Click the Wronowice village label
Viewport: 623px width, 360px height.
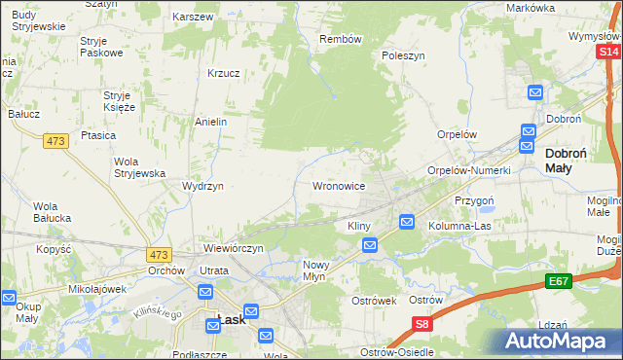[x=338, y=185]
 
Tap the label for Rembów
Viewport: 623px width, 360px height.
[x=341, y=40]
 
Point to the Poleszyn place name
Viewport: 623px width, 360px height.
[x=404, y=56]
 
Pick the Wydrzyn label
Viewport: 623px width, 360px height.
[x=203, y=186]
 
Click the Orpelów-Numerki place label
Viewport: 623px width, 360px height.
[x=469, y=170]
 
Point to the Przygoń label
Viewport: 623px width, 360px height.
[x=475, y=199]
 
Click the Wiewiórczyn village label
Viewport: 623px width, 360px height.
[x=234, y=249]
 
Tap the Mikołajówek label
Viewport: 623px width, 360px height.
[x=98, y=289]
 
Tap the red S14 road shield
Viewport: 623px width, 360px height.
[x=608, y=52]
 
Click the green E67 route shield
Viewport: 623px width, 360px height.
[x=558, y=281]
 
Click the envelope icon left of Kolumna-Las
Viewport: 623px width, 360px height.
[x=408, y=223]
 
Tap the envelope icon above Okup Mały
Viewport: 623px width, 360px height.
[x=8, y=299]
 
